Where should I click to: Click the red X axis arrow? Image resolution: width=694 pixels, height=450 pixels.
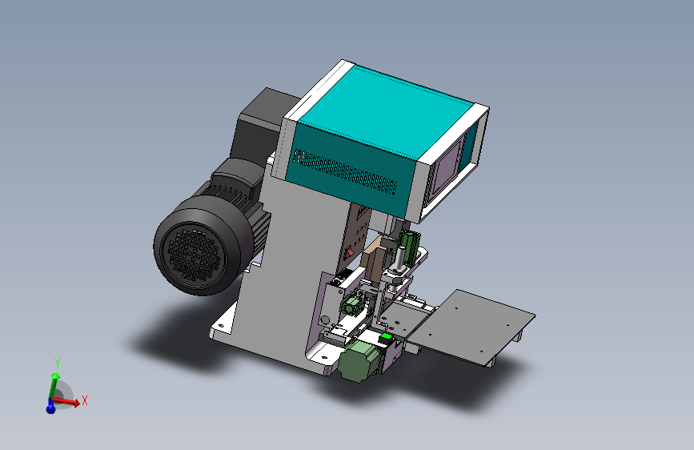66,402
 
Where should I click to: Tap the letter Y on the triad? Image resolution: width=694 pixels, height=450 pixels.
58,364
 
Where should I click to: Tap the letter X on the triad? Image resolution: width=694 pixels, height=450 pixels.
85,400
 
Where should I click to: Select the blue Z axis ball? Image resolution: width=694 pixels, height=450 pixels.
50,407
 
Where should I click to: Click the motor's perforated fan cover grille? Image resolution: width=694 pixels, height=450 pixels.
193,256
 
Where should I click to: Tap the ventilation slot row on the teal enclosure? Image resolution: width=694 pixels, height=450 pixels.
345,172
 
